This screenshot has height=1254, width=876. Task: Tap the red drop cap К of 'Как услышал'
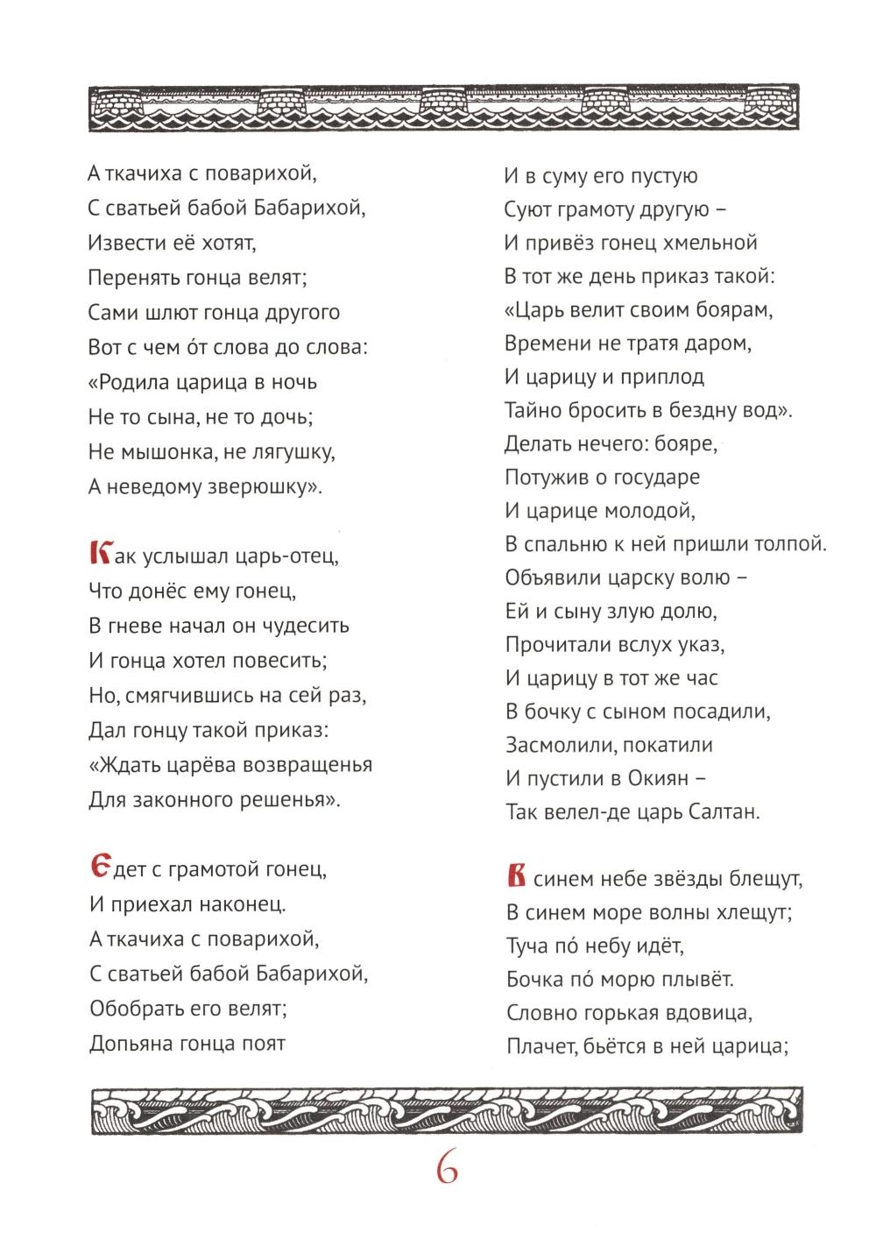(x=101, y=555)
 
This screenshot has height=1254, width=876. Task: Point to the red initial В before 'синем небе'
(x=517, y=875)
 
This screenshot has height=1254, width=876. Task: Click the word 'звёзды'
(x=679, y=878)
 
